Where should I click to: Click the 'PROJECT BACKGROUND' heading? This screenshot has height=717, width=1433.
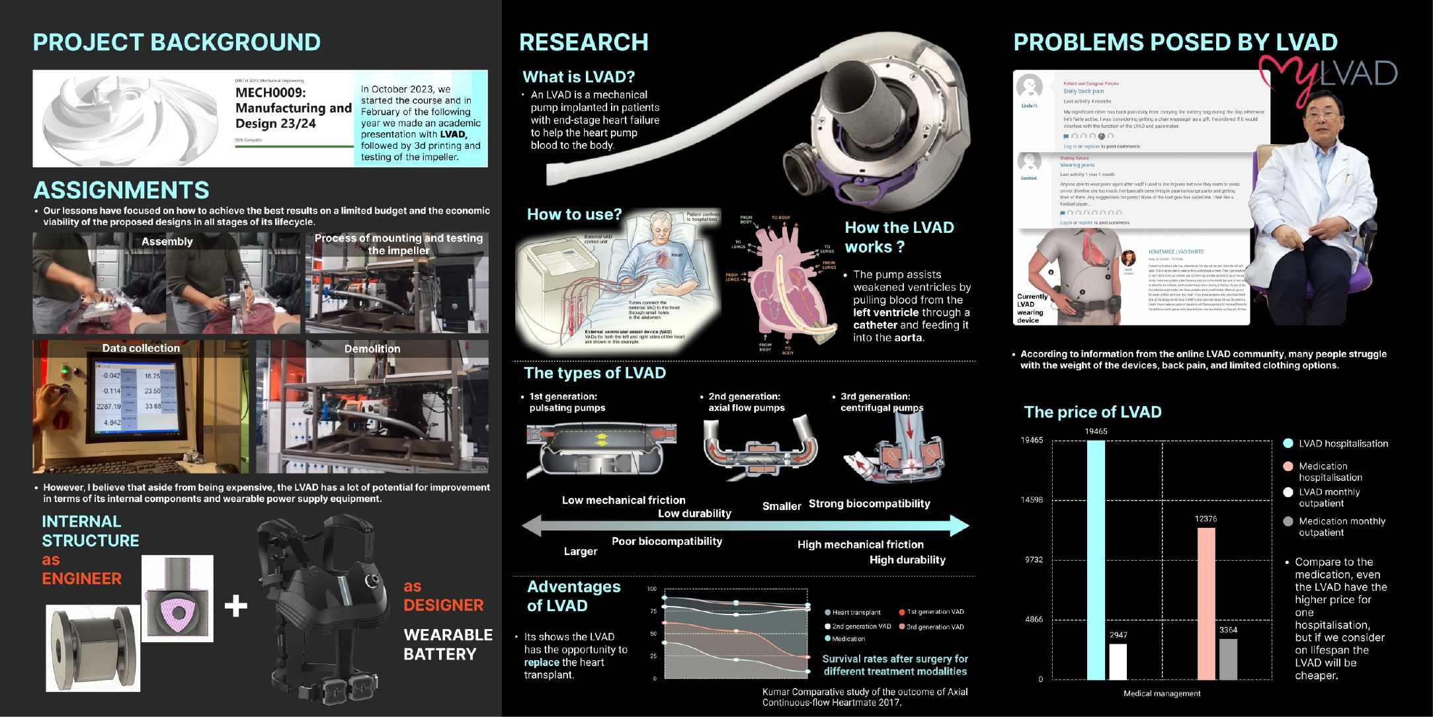(177, 42)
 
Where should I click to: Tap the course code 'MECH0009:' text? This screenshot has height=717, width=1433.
(270, 93)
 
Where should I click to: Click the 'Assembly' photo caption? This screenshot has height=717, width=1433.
(167, 241)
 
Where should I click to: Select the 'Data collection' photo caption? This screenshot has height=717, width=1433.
(141, 348)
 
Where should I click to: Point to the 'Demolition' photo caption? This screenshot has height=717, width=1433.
(372, 349)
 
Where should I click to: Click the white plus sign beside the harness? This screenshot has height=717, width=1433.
(235, 606)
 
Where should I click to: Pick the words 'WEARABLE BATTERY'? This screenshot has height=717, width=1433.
(448, 644)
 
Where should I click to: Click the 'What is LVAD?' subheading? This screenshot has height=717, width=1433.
(579, 77)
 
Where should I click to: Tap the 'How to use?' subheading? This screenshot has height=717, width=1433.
(574, 214)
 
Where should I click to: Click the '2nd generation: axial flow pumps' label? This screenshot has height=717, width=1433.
(746, 402)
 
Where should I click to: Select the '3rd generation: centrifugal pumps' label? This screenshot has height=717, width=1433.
(881, 402)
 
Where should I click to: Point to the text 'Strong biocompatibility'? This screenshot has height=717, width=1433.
(869, 503)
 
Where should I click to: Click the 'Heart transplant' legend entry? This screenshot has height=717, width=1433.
(856, 612)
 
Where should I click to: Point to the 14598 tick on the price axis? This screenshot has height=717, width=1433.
(1032, 500)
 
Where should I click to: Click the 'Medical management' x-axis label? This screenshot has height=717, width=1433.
(1162, 693)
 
